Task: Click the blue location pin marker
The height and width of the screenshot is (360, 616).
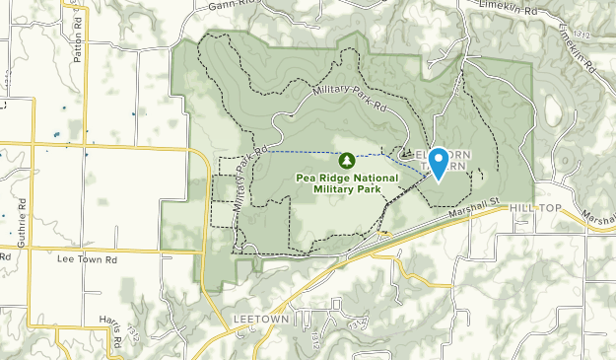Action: (437, 162)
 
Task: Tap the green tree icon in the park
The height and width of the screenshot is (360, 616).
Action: (347, 160)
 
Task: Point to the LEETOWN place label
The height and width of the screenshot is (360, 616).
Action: (259, 320)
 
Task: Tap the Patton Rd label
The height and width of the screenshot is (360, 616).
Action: (77, 43)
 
